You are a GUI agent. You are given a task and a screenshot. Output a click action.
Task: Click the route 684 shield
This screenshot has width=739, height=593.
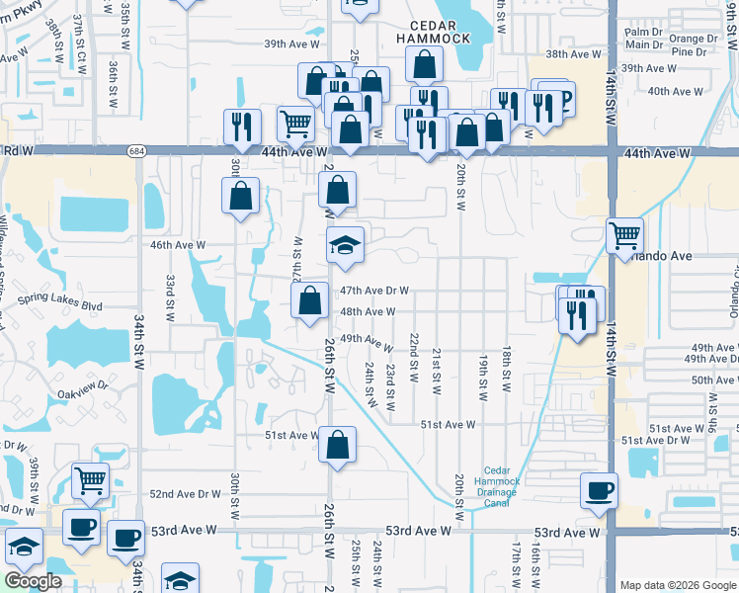136,151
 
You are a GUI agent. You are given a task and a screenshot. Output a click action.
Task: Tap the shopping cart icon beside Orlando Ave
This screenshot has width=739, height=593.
624,236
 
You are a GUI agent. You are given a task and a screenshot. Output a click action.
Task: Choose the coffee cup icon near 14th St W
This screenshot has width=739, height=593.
600,490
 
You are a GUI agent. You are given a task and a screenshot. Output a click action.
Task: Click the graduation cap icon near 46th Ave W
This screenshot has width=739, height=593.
346,245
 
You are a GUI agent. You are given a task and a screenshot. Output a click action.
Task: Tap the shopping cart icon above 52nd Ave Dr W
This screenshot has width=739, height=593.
91,481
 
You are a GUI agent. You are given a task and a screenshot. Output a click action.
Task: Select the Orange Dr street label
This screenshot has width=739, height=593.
693,39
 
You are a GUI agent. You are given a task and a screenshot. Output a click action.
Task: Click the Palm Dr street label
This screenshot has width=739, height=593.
642,32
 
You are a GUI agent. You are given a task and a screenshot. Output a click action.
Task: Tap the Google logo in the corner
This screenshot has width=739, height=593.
33,582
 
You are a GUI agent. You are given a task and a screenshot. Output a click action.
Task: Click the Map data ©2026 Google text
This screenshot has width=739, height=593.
678,585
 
